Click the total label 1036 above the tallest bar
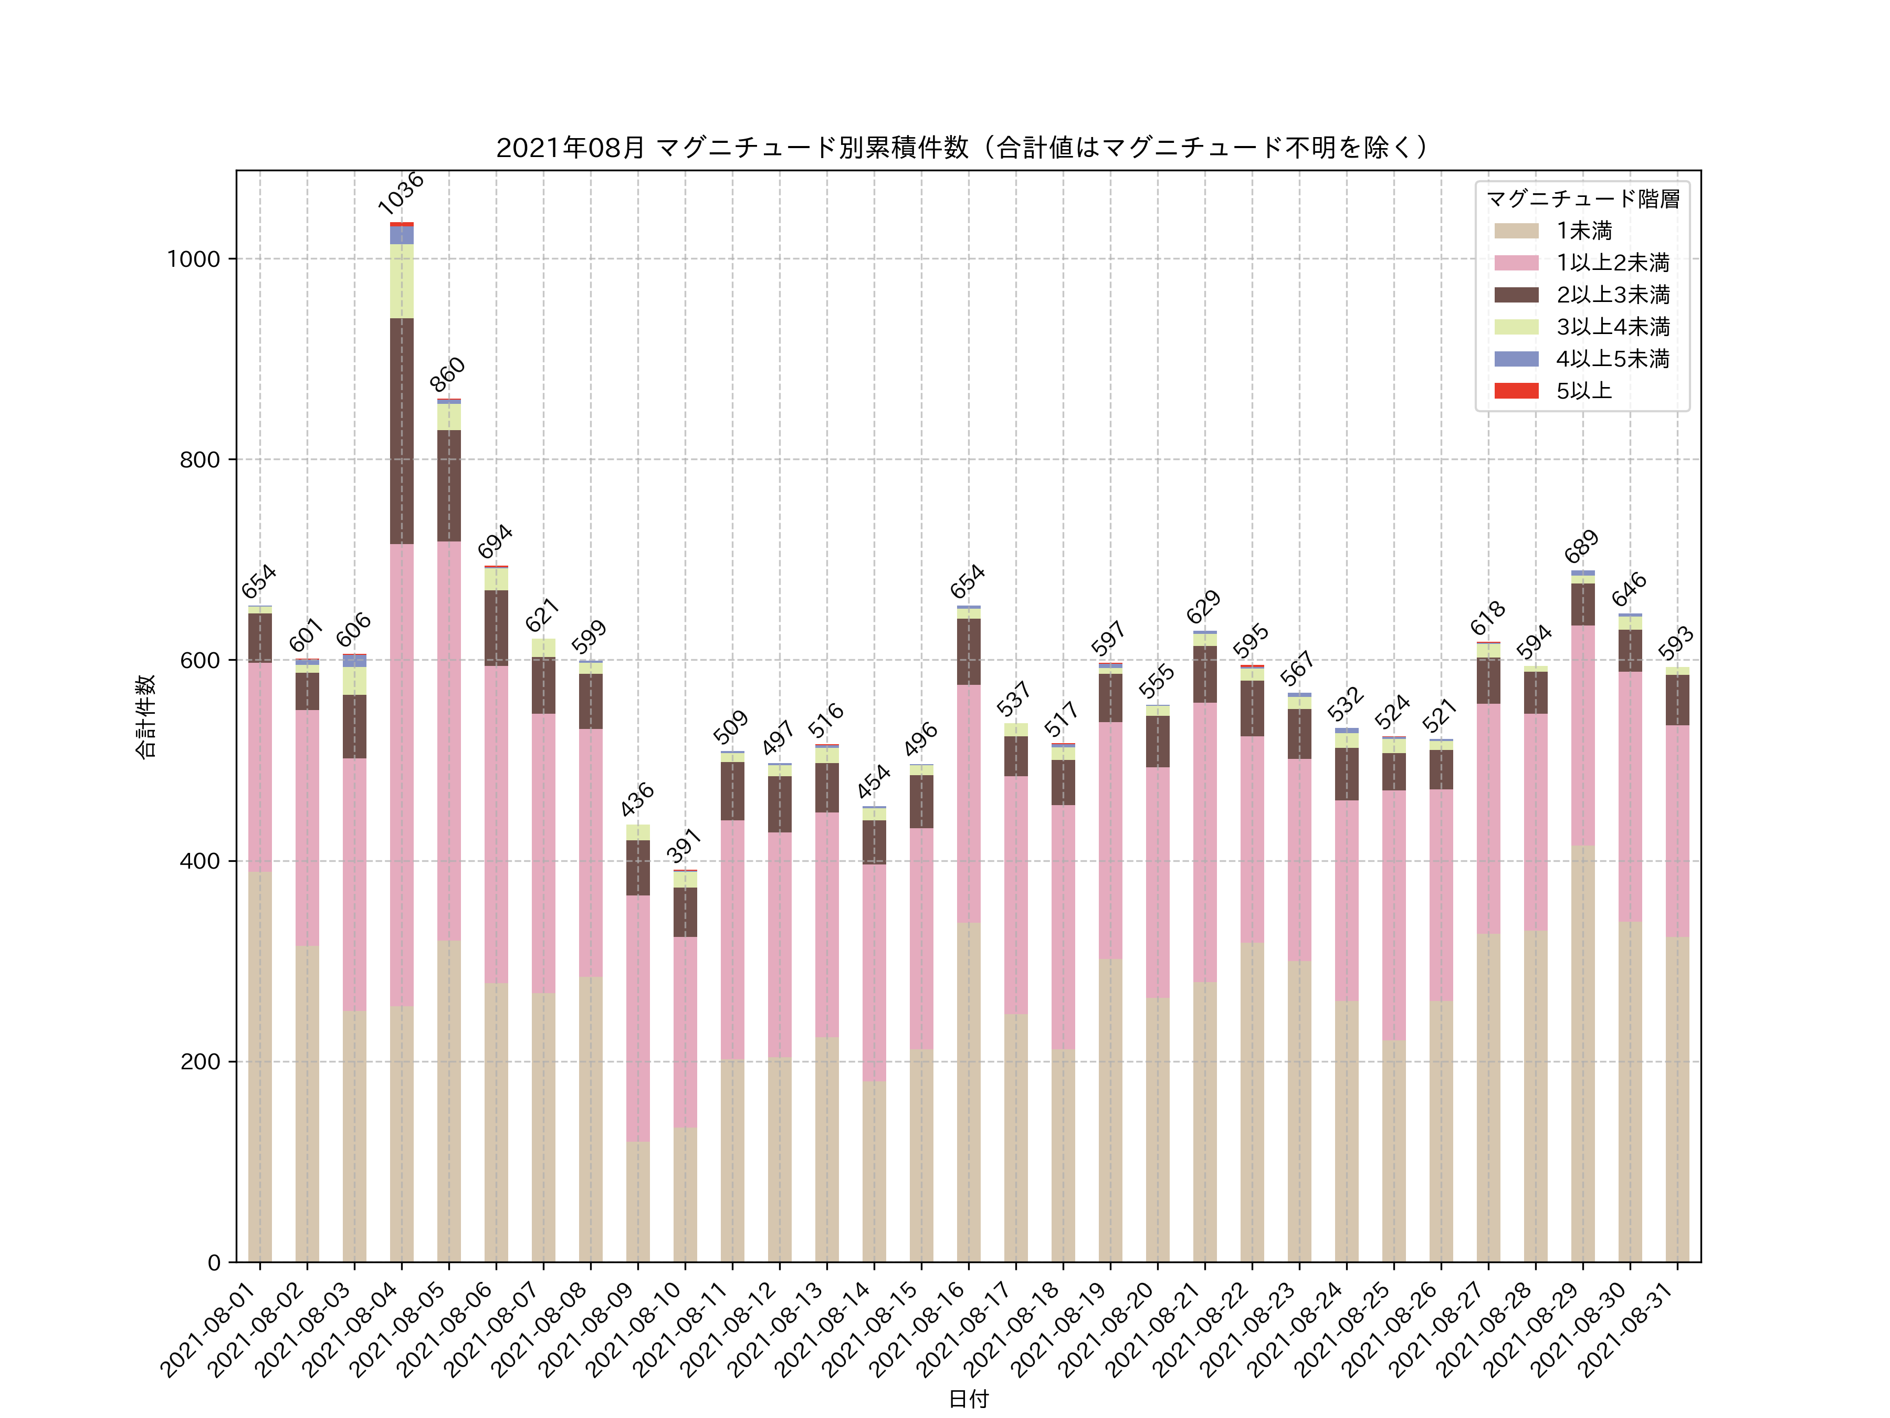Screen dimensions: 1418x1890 pyautogui.click(x=401, y=193)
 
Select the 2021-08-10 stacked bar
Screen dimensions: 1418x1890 pyautogui.click(x=685, y=1068)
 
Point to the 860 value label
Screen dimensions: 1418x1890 pyautogui.click(x=448, y=374)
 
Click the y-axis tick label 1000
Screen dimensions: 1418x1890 pyautogui.click(x=193, y=259)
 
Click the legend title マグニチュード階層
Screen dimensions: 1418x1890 pyautogui.click(x=1582, y=199)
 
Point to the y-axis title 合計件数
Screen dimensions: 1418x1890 pyautogui.click(x=146, y=716)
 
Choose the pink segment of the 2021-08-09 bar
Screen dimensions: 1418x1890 pyautogui.click(x=637, y=1017)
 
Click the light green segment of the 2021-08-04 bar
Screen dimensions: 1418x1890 pyautogui.click(x=402, y=280)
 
